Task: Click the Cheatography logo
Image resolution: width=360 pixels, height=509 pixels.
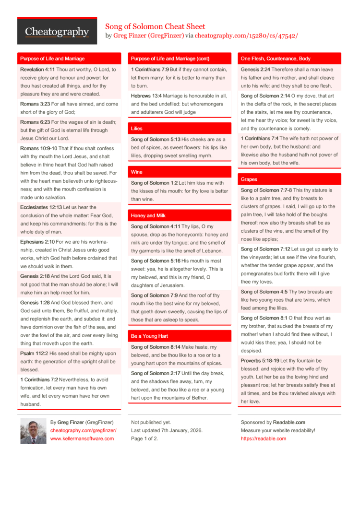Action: coord(57,32)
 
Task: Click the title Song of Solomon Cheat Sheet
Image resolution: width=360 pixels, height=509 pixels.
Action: coord(155,26)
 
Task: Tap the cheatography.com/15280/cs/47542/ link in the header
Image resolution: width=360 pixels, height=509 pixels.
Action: coord(246,36)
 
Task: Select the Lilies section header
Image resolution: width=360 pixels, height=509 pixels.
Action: coord(137,129)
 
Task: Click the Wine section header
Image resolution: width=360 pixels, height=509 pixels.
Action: coord(136,172)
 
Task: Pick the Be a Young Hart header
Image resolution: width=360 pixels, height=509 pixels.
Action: coord(149,336)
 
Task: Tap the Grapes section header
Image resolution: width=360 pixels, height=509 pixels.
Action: coord(249,179)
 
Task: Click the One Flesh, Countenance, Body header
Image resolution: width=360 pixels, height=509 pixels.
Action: coord(276,59)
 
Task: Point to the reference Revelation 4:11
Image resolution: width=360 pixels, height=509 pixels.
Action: coord(37,70)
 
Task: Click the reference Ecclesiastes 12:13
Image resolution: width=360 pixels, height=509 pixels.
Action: coord(41,207)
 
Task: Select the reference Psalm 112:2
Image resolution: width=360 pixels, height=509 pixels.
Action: coord(34,354)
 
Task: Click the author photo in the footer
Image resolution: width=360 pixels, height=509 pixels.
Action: coord(33,430)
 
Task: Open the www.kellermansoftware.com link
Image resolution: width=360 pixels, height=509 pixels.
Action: coord(82,438)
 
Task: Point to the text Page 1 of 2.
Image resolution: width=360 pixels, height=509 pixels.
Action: coord(144,438)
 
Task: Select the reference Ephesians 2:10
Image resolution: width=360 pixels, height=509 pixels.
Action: coord(37,242)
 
